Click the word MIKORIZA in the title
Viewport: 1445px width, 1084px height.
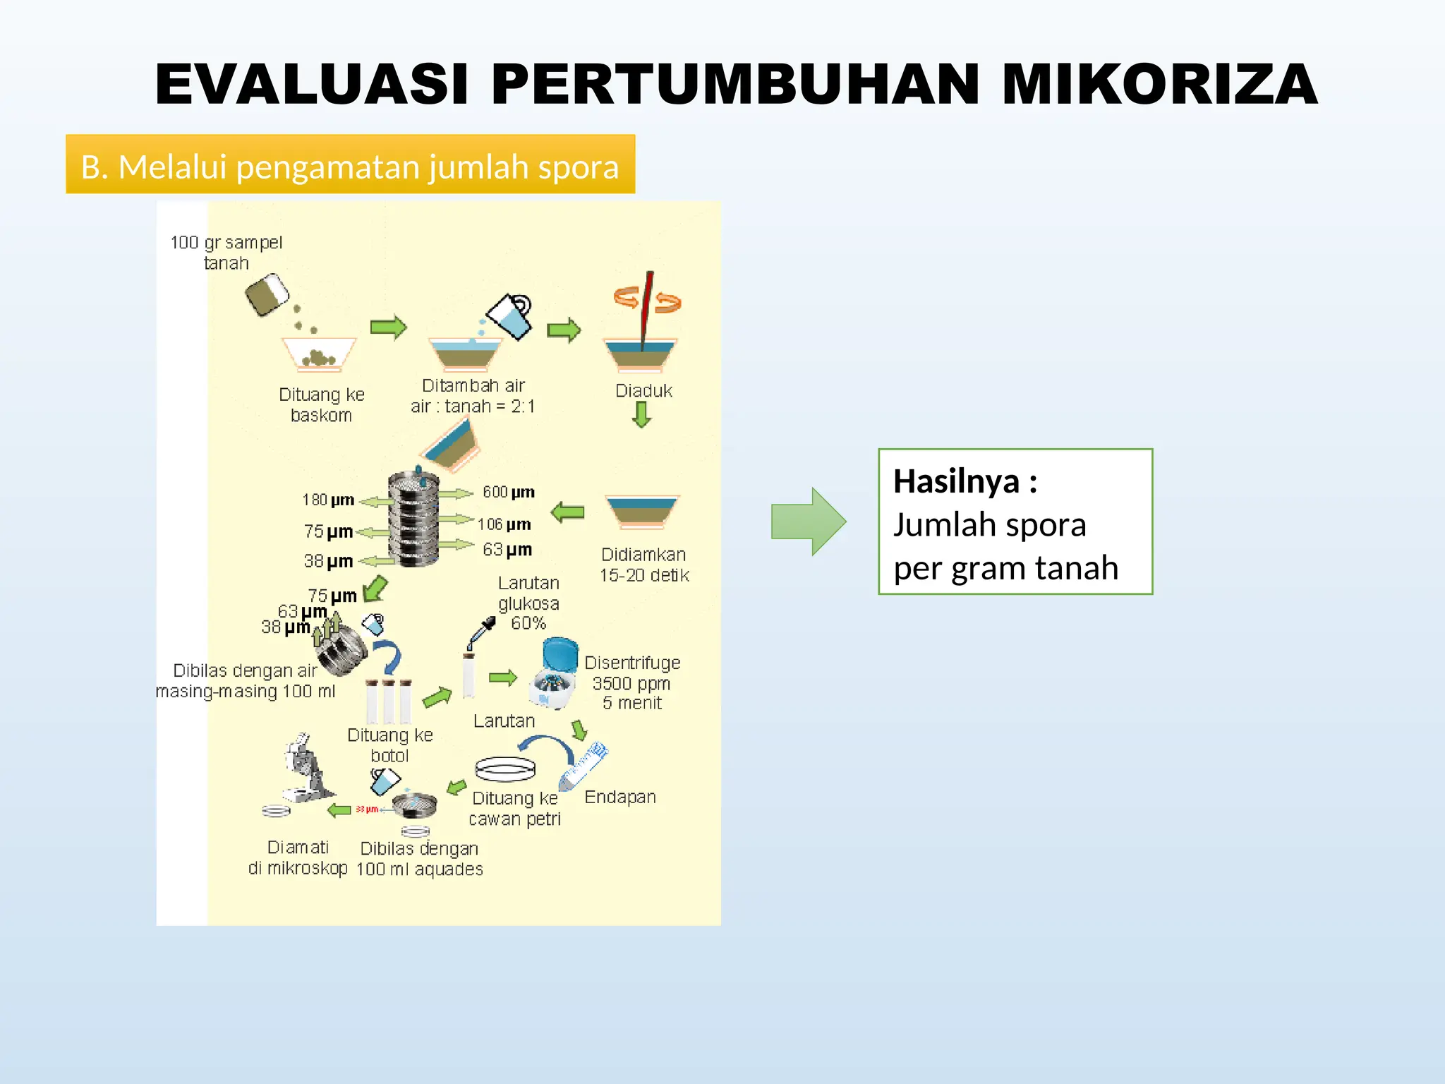click(1159, 85)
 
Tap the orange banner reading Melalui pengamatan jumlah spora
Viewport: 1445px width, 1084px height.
click(350, 164)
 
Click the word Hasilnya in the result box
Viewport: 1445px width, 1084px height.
click(956, 481)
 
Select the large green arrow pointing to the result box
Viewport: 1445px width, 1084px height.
click(808, 522)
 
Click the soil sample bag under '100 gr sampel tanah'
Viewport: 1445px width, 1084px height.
click(267, 294)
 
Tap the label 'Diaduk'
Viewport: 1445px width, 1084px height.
click(643, 391)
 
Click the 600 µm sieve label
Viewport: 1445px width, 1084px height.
click(508, 492)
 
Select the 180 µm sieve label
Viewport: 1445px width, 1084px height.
click(328, 500)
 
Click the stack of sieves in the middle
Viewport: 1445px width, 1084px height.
click(413, 519)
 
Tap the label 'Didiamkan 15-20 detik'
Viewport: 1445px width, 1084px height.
click(643, 565)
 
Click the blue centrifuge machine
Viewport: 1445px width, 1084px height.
click(556, 675)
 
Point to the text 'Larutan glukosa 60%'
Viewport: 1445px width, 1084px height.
click(528, 603)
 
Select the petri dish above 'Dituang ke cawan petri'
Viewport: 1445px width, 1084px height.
click(505, 769)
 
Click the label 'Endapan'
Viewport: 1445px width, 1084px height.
click(620, 797)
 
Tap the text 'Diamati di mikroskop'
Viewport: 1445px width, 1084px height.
click(298, 857)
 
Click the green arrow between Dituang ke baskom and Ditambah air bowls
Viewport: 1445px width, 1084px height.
click(388, 327)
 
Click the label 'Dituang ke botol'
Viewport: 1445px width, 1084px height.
click(389, 745)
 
